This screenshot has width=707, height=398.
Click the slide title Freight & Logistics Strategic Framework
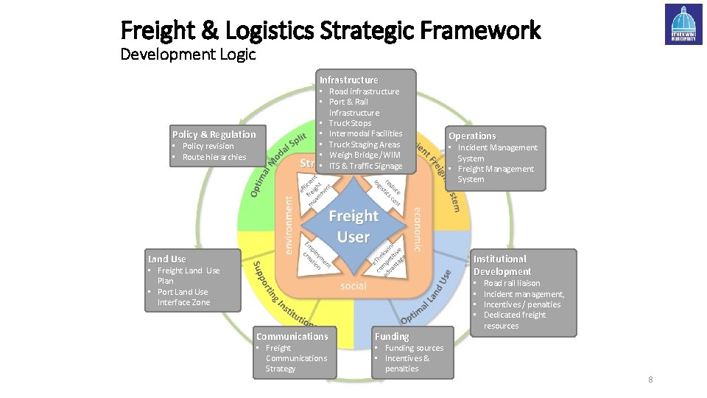(x=330, y=30)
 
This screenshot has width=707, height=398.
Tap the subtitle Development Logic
(x=188, y=55)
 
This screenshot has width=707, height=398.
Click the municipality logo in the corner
(x=683, y=24)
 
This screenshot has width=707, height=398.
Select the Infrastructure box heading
(x=348, y=80)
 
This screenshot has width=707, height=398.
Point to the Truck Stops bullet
(x=350, y=123)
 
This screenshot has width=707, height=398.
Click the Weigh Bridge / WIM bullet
(x=365, y=155)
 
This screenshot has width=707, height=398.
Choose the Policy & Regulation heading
(x=214, y=134)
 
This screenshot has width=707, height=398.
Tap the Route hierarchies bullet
(x=214, y=157)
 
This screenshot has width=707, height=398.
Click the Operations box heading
(x=472, y=136)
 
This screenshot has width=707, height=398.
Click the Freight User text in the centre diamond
(x=353, y=226)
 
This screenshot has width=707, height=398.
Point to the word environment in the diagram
(x=288, y=220)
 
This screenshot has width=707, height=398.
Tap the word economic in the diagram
(x=417, y=228)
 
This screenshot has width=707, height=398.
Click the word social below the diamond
(x=353, y=286)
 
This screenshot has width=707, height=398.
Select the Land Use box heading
(x=167, y=259)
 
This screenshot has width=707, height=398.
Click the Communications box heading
(x=292, y=336)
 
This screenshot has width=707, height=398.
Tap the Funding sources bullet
(x=414, y=348)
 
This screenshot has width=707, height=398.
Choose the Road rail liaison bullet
(x=511, y=283)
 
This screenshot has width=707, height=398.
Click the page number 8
(x=650, y=380)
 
